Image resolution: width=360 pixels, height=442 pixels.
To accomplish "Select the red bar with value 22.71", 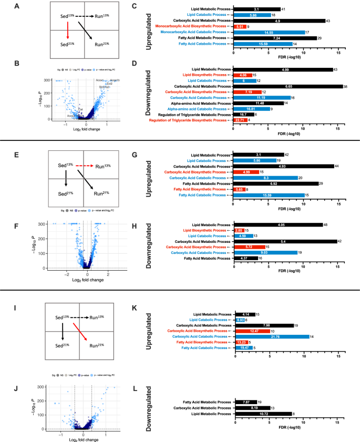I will click(x=241, y=120).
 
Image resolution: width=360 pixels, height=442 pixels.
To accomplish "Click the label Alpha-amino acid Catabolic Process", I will click(x=199, y=109).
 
